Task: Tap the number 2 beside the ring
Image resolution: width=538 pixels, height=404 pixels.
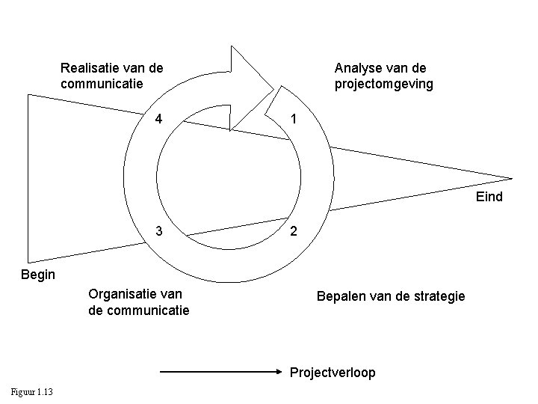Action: pos(294,231)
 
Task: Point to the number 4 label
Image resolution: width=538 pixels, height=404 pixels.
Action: pos(158,119)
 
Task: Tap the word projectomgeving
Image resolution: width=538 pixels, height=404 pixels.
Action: pos(383,84)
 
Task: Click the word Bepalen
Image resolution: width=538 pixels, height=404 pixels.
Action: pos(340,297)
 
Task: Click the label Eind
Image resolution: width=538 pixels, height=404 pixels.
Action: pos(489,198)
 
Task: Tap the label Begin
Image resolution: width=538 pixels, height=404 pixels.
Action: pos(38,275)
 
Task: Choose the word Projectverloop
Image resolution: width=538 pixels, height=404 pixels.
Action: pos(333,372)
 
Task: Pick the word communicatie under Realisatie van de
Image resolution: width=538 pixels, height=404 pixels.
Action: pos(102,84)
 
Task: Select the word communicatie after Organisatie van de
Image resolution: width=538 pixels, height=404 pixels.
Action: pos(146,310)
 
